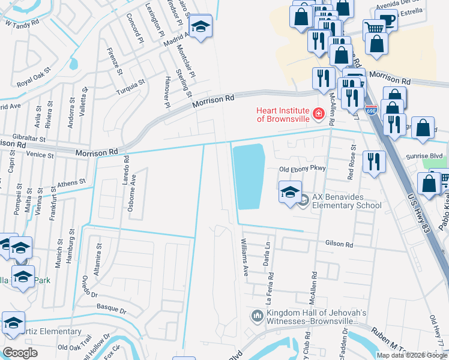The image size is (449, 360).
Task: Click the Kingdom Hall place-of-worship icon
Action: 257,316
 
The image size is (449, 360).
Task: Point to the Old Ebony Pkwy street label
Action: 301,169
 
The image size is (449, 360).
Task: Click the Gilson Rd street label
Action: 340,244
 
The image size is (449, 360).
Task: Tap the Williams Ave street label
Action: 245,262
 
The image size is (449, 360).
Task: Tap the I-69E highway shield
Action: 371,110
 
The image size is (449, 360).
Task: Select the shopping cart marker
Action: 374,28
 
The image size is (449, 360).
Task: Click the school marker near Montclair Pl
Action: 200,27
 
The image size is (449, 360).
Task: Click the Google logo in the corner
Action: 20,353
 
